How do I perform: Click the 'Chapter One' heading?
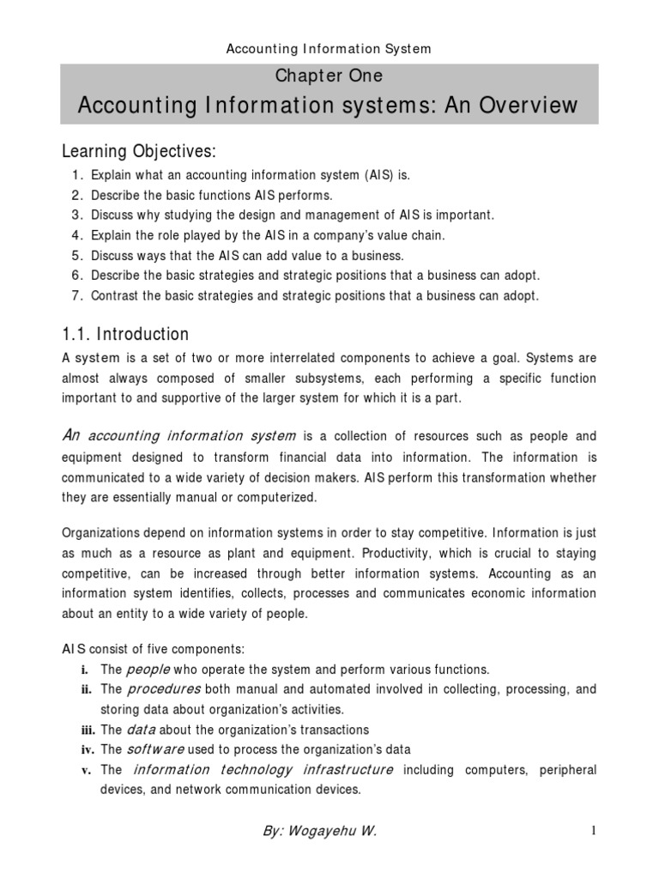point(329,76)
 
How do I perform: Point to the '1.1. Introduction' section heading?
point(125,333)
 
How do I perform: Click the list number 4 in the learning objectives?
point(76,234)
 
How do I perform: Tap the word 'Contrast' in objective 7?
point(114,296)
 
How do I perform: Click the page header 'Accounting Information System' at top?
point(329,49)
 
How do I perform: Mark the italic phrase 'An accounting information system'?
point(179,435)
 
